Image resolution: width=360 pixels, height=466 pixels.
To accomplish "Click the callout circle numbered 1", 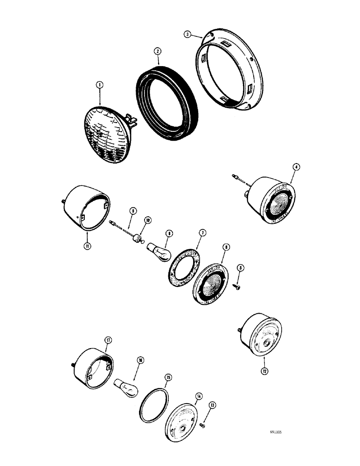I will (x=99, y=85).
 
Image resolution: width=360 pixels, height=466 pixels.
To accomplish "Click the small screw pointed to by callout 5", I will (x=237, y=288).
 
